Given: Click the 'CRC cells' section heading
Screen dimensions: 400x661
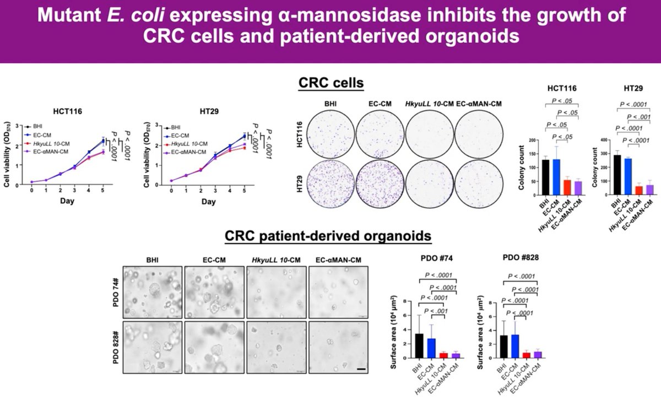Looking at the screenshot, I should click(x=330, y=84).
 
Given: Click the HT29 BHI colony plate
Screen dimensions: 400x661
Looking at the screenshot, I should click(x=330, y=184).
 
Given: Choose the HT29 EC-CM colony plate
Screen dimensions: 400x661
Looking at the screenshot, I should click(x=380, y=184).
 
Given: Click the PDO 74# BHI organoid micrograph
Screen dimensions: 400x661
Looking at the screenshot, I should click(x=152, y=289).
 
